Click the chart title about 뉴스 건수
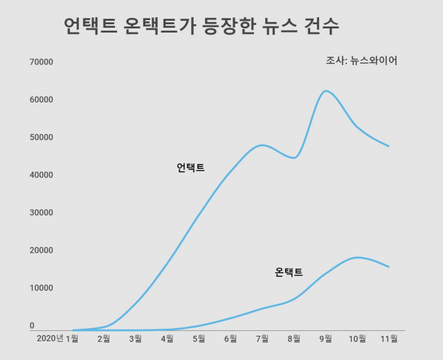[x=201, y=28]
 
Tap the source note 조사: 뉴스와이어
[x=361, y=61]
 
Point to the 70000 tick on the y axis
[x=42, y=62]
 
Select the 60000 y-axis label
[x=42, y=100]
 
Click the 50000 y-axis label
[x=42, y=137]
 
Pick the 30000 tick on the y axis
[x=42, y=213]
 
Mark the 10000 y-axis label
[x=42, y=288]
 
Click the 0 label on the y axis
[x=32, y=325]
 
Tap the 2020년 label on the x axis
[x=49, y=339]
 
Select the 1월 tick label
[x=73, y=339]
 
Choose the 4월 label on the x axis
[x=167, y=339]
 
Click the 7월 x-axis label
[x=262, y=339]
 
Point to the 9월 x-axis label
[x=325, y=339]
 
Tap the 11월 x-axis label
[x=388, y=339]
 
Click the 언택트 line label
[x=191, y=168]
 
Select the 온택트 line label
[x=289, y=272]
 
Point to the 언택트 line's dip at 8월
[x=294, y=158]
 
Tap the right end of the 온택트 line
[x=389, y=267]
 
